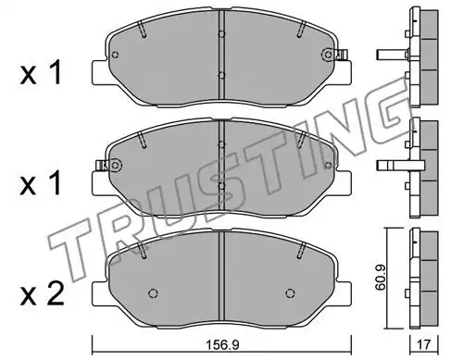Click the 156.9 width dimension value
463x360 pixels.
click(x=222, y=345)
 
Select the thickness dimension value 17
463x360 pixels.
click(x=424, y=345)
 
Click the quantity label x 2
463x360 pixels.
click(x=42, y=294)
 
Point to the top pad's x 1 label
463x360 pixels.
click(x=41, y=73)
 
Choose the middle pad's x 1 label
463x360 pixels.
click(x=40, y=184)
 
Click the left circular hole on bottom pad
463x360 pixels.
click(x=153, y=293)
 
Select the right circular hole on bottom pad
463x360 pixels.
click(x=290, y=293)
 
